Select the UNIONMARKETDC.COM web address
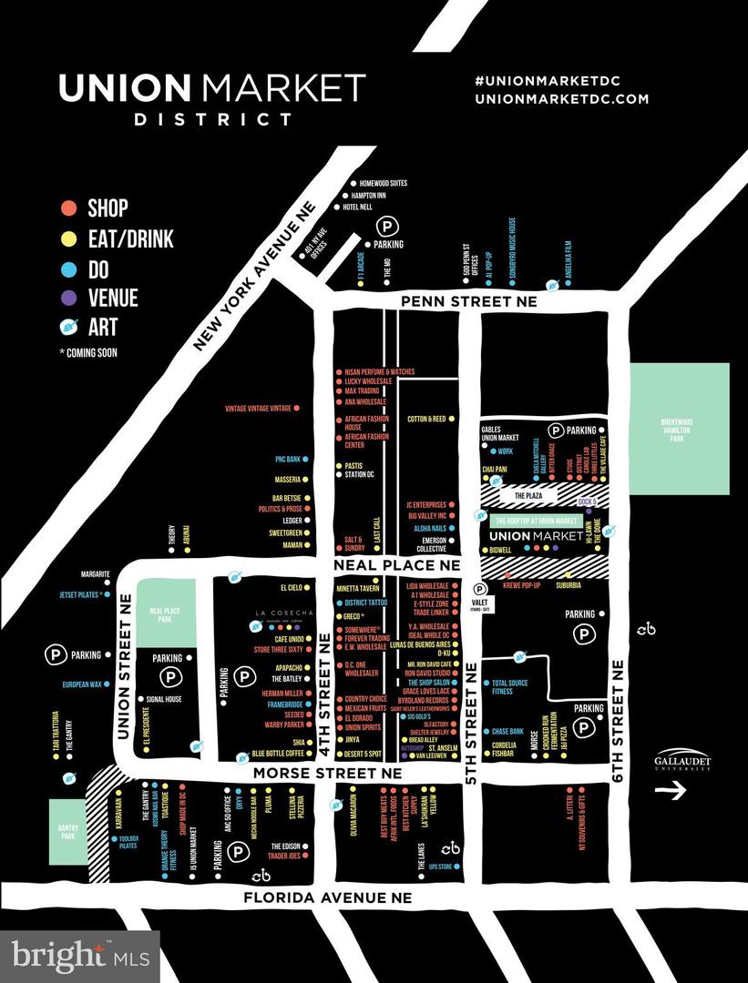point(561,99)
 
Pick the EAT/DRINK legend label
point(129,239)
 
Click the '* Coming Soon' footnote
point(88,352)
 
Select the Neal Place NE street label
point(394,565)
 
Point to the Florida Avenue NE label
point(327,897)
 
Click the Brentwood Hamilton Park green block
point(680,429)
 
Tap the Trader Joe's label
point(283,856)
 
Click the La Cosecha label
point(283,613)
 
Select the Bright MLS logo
point(80,956)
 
